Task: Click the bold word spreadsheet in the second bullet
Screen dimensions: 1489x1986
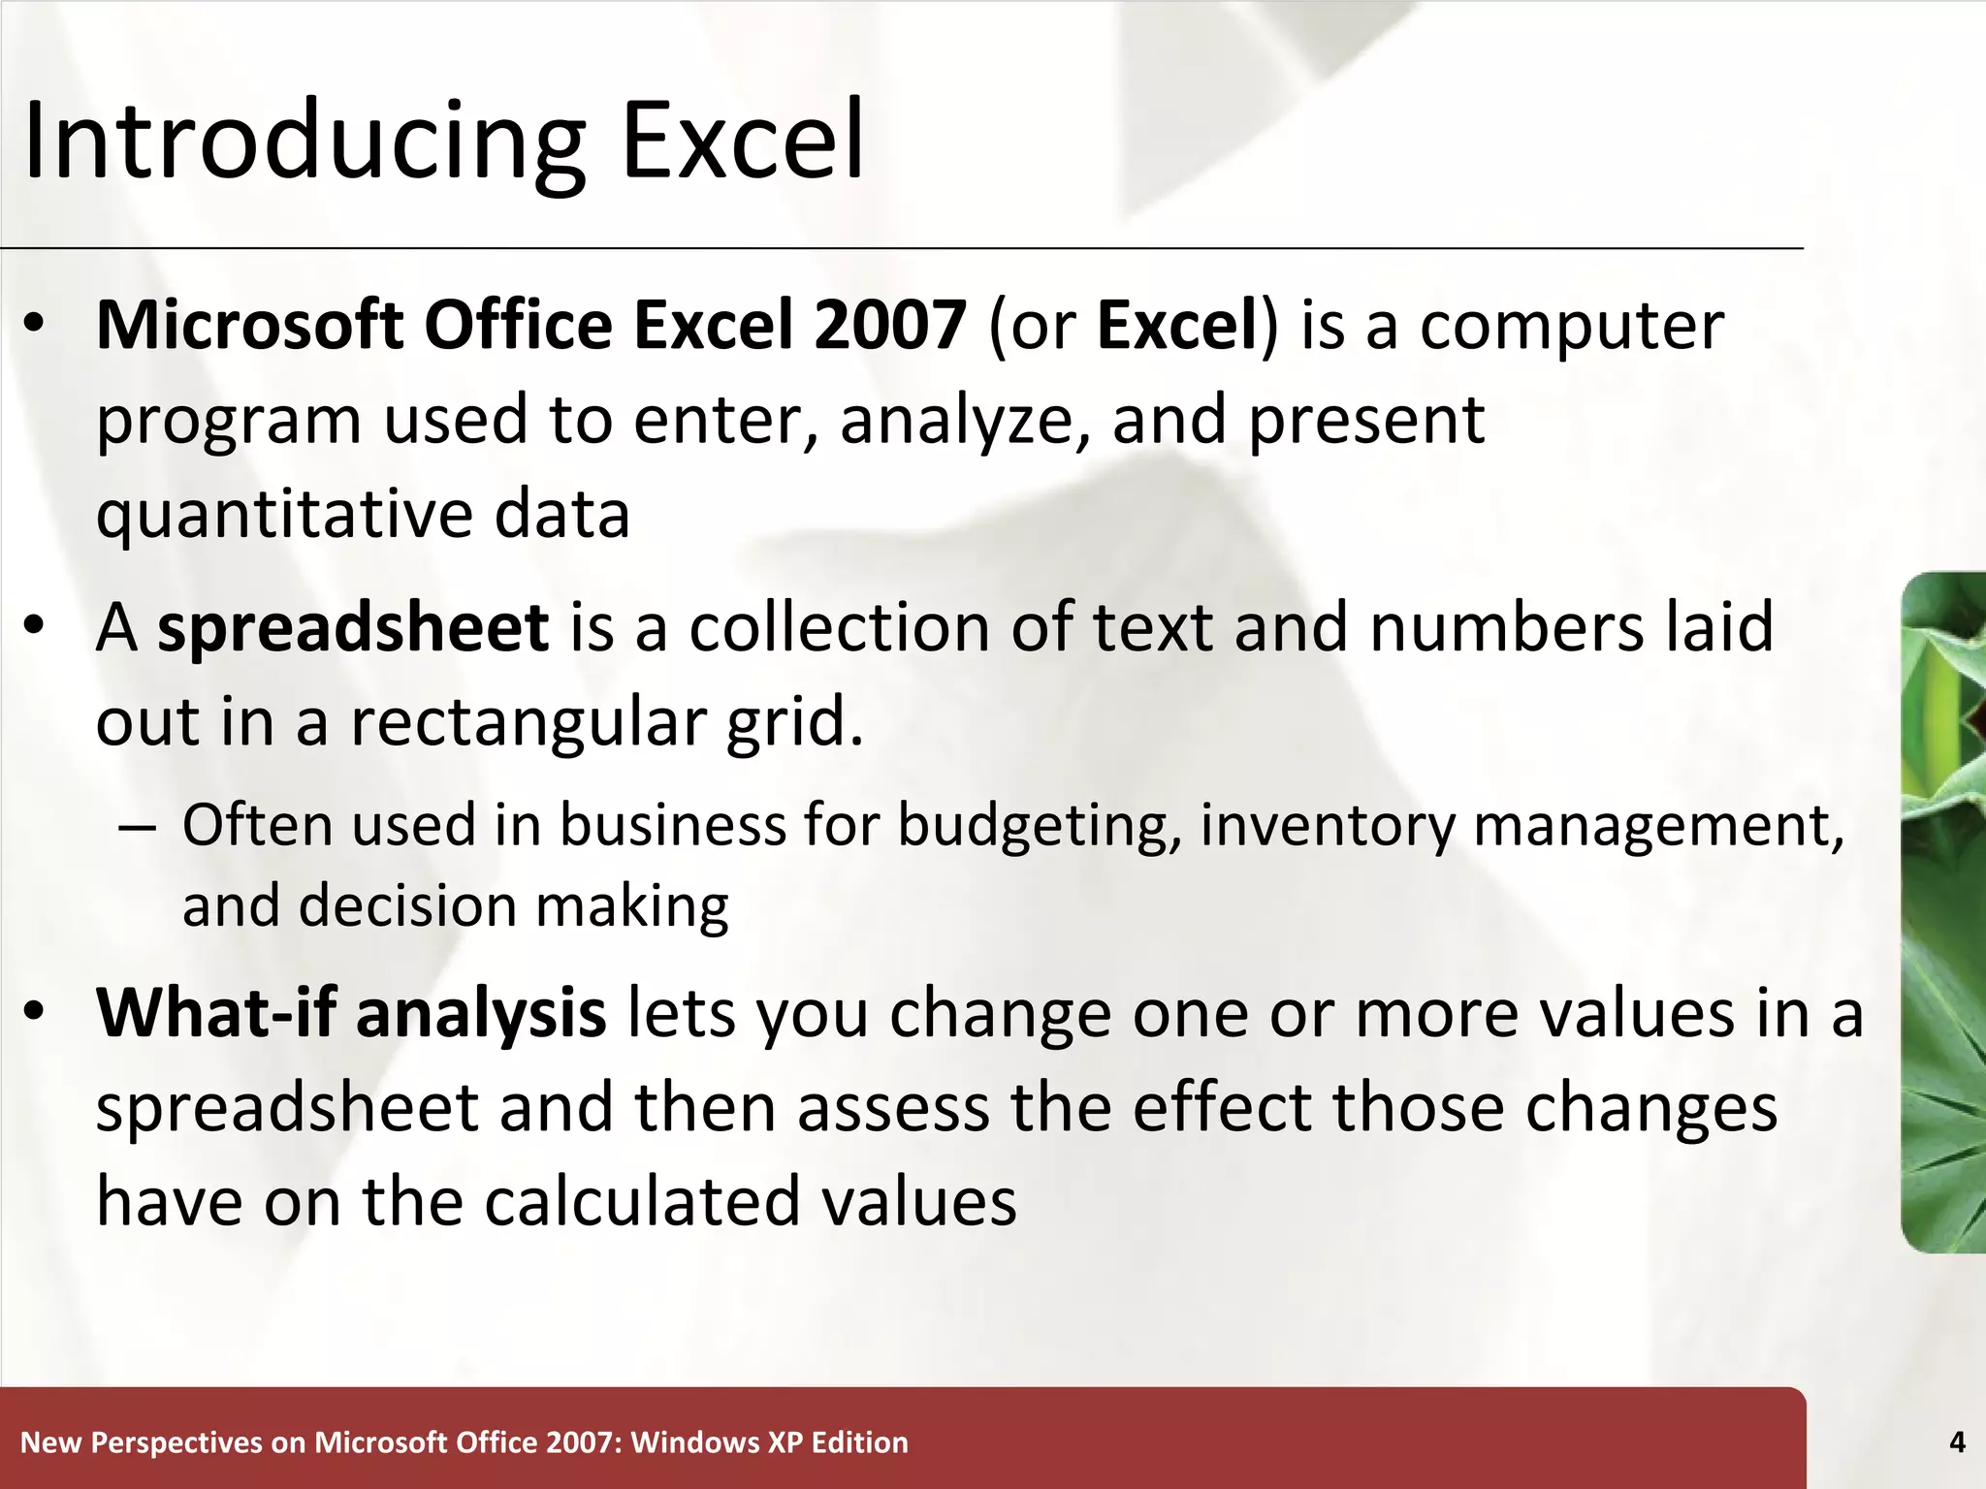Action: coord(353,628)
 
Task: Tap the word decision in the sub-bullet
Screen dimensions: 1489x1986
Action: coord(407,907)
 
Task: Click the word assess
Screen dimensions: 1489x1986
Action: coord(893,1108)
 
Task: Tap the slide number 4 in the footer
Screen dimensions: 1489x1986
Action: coord(1956,1442)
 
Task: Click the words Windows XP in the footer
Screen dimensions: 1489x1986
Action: coord(717,1442)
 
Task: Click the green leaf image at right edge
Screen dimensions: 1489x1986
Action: coord(1943,911)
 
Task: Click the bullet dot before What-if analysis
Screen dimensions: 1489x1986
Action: coord(35,1011)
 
